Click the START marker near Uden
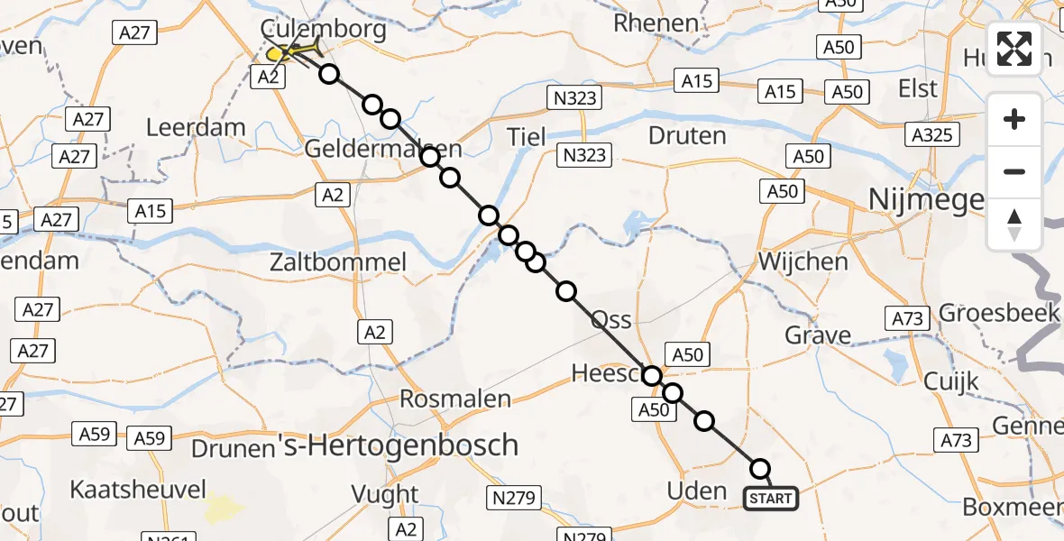pyautogui.click(x=770, y=499)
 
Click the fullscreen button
pyautogui.click(x=1014, y=49)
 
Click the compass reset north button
pyautogui.click(x=1014, y=225)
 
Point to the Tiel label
pyautogui.click(x=527, y=137)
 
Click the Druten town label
pyautogui.click(x=687, y=136)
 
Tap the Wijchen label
pyautogui.click(x=803, y=262)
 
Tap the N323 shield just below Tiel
pyautogui.click(x=583, y=155)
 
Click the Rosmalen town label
pyautogui.click(x=455, y=399)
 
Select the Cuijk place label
pyautogui.click(x=950, y=381)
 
